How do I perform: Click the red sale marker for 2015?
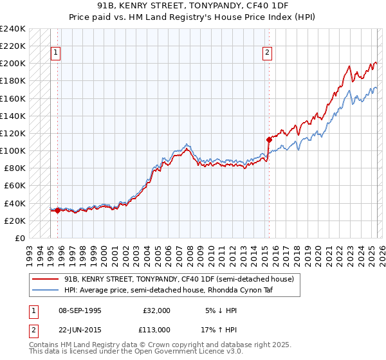pos(268,139)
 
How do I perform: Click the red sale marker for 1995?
pos(57,210)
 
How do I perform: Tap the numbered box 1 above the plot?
pos(56,53)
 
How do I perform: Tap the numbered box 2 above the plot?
pos(267,53)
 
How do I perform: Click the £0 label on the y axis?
pos(19,238)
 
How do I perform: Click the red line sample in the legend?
pos(44,279)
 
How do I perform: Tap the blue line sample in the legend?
pos(44,290)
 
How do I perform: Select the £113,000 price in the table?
pos(156,329)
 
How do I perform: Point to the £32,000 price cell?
pos(156,310)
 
